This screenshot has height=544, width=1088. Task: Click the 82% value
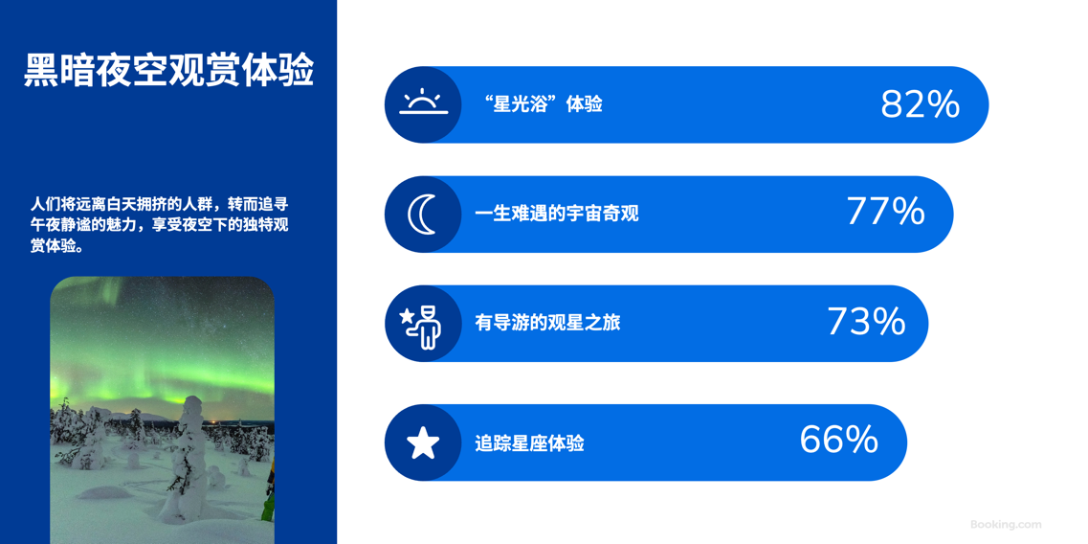(x=921, y=105)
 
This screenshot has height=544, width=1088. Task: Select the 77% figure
(x=885, y=212)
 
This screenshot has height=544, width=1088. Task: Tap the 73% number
(x=866, y=322)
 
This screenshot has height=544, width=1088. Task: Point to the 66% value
(x=839, y=440)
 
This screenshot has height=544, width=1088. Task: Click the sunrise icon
(x=423, y=102)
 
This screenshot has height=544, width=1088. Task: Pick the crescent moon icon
(x=422, y=214)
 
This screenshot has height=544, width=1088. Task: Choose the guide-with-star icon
(x=421, y=324)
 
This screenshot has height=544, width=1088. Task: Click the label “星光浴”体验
(x=542, y=105)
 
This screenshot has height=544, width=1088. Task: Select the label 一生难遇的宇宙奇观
(x=557, y=214)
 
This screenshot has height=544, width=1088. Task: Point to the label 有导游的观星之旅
(x=547, y=323)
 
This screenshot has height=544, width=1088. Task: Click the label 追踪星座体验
(x=529, y=443)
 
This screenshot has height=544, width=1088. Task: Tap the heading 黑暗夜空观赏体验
(x=169, y=71)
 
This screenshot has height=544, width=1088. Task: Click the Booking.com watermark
(x=1006, y=525)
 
